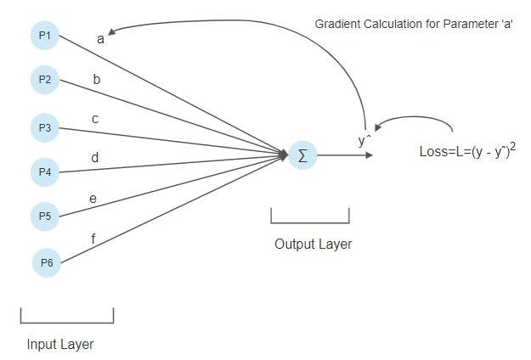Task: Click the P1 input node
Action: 44,36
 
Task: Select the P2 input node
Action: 44,80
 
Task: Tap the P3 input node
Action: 44,128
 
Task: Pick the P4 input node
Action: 44,172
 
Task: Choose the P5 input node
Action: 44,216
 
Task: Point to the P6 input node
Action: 47,262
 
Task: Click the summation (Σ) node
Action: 302,155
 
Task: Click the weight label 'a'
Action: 100,38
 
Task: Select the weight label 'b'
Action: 96,80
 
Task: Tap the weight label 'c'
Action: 94,119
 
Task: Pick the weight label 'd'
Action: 94,157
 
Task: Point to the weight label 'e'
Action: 93,199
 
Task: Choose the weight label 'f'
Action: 93,239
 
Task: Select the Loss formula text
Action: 467,151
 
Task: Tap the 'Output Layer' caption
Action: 313,245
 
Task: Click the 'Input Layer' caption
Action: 60,344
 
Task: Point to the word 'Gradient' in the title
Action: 337,24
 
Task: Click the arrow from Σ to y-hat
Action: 343,155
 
